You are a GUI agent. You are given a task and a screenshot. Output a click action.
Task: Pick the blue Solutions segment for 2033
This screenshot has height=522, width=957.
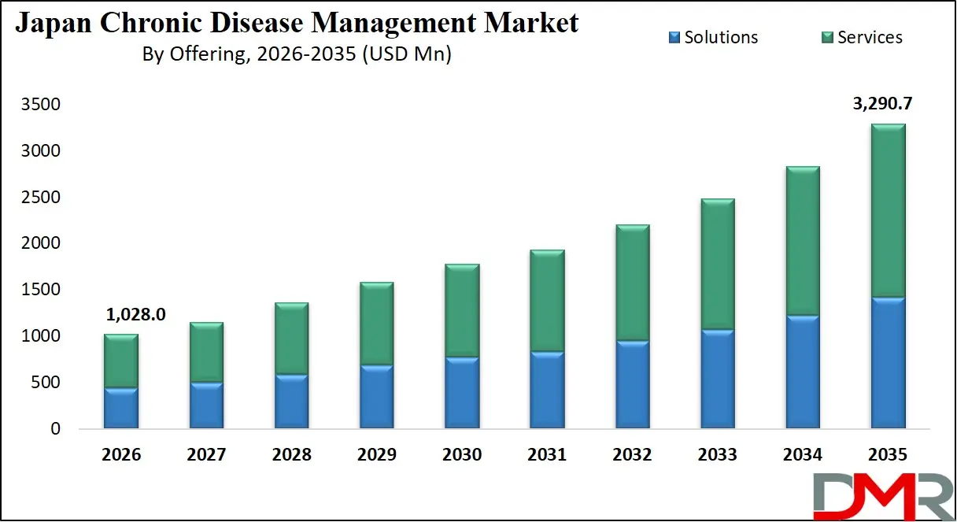[717, 379]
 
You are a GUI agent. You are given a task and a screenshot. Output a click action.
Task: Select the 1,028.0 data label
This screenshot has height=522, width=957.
[135, 314]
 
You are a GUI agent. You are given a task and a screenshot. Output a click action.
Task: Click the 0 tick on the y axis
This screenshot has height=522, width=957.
[56, 429]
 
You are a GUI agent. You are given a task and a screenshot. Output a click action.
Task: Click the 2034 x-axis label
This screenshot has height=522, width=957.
[803, 455]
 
